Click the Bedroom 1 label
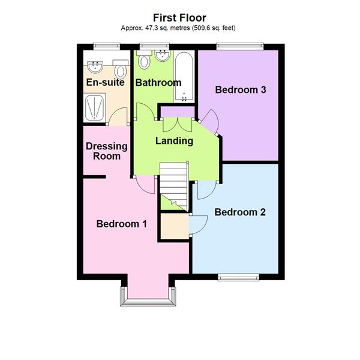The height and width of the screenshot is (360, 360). click(x=122, y=224)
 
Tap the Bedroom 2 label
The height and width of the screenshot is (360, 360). click(x=240, y=212)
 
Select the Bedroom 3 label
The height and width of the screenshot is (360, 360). click(x=240, y=90)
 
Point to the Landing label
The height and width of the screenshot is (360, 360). click(x=174, y=141)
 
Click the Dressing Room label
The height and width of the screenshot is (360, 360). click(x=107, y=151)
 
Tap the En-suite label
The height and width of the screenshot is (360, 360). click(x=104, y=82)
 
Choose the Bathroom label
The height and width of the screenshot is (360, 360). click(x=157, y=82)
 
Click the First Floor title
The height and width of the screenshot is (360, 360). click(x=179, y=17)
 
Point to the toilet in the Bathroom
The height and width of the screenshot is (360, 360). click(x=144, y=61)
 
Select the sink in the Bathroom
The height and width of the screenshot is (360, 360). click(x=162, y=57)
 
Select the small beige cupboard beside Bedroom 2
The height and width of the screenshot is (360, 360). click(x=174, y=226)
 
